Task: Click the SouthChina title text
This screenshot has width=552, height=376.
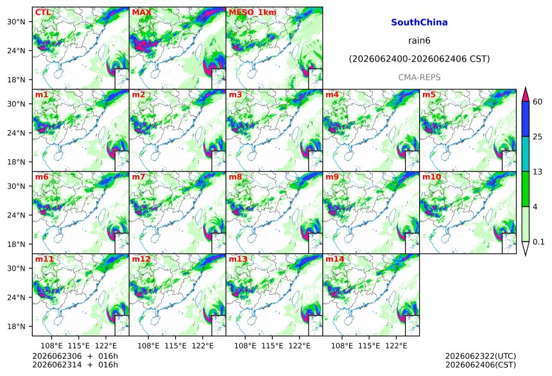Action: tap(419, 22)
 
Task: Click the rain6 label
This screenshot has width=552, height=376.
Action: tap(419, 40)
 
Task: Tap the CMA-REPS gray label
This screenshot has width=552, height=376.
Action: tap(419, 78)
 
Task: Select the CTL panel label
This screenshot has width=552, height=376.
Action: tap(43, 12)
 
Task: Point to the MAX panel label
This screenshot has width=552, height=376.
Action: tap(141, 12)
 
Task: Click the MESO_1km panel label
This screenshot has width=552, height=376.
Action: tap(252, 12)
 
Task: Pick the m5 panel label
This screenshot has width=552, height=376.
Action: tap(429, 95)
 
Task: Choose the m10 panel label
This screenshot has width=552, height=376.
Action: tap(431, 176)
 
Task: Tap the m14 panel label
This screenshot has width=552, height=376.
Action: tap(334, 259)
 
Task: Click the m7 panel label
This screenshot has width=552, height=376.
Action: tap(139, 176)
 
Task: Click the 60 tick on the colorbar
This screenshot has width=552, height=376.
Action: tap(537, 102)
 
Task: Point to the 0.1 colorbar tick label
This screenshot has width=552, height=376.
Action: tap(539, 241)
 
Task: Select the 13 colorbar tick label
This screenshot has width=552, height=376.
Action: tap(537, 171)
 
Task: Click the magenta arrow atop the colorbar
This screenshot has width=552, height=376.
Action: tap(525, 94)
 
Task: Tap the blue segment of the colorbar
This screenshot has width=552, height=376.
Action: tap(525, 119)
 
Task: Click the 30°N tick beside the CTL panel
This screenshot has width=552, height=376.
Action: tap(16, 22)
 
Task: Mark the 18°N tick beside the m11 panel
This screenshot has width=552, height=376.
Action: tap(16, 327)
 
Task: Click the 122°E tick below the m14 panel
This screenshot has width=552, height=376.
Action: tap(397, 346)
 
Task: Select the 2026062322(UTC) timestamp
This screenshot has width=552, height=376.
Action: tap(481, 356)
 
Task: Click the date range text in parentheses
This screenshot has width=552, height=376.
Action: tap(419, 59)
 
